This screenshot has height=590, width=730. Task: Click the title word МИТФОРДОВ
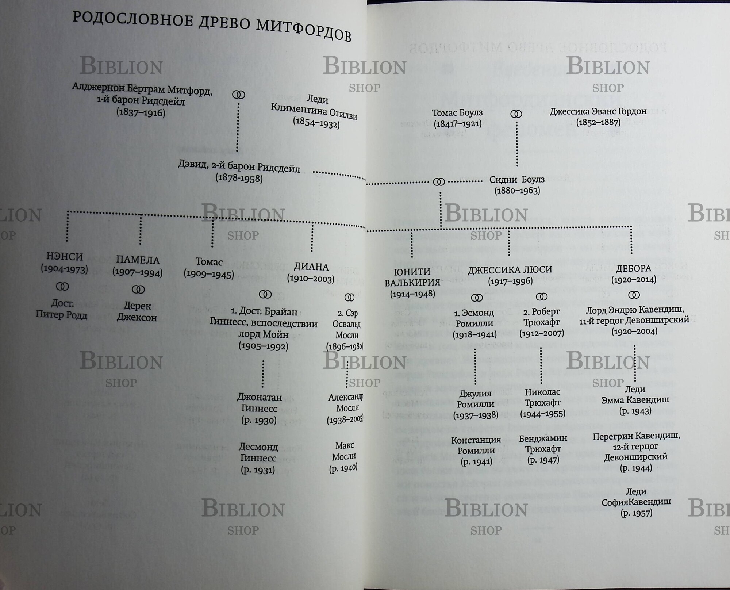coord(303,30)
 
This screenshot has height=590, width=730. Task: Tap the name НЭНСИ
coord(65,257)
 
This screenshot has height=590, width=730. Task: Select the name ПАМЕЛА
coord(138,260)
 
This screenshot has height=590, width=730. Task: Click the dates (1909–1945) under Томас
coord(209,274)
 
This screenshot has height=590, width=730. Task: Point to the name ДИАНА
coord(311,267)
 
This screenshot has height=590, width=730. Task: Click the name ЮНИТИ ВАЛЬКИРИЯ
coord(412,277)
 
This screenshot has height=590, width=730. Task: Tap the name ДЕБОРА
coord(634,269)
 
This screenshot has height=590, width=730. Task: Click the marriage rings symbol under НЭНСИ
coord(62,287)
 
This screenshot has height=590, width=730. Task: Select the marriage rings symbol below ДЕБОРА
coord(634,295)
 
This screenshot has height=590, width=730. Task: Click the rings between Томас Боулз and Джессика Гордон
coord(516,114)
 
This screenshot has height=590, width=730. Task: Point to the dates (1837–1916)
coord(141,112)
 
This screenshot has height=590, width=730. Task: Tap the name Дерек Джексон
coord(137,311)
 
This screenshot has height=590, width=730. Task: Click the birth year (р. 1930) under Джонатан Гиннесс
coord(259,420)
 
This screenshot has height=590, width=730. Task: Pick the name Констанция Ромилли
coord(476,445)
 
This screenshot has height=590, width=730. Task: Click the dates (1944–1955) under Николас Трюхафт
coord(542,414)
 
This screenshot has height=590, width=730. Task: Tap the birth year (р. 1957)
coord(636,513)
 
